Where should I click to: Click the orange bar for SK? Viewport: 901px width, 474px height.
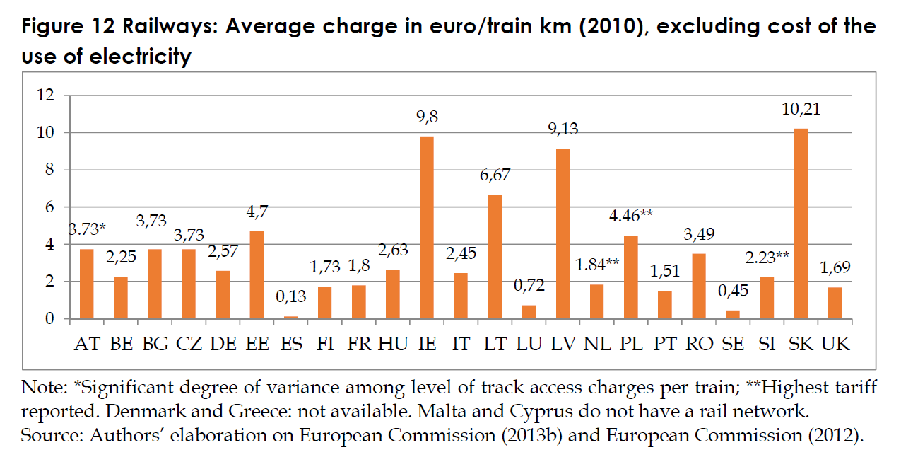coord(801,224)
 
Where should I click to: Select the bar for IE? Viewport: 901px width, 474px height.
coord(427,227)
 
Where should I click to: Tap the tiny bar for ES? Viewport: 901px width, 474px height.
coord(291,317)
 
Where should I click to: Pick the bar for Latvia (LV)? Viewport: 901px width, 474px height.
coord(563,233)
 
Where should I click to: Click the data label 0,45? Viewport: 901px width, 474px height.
coord(734,290)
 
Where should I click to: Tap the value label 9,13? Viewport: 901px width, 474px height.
coord(563,129)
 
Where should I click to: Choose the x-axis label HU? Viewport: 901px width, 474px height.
coord(393,345)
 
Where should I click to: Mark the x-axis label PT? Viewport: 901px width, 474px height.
coord(665,345)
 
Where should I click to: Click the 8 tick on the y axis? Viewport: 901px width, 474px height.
coord(49,170)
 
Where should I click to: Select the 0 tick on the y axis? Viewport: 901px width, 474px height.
coord(49,319)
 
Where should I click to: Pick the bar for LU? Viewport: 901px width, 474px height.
coord(529,312)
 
